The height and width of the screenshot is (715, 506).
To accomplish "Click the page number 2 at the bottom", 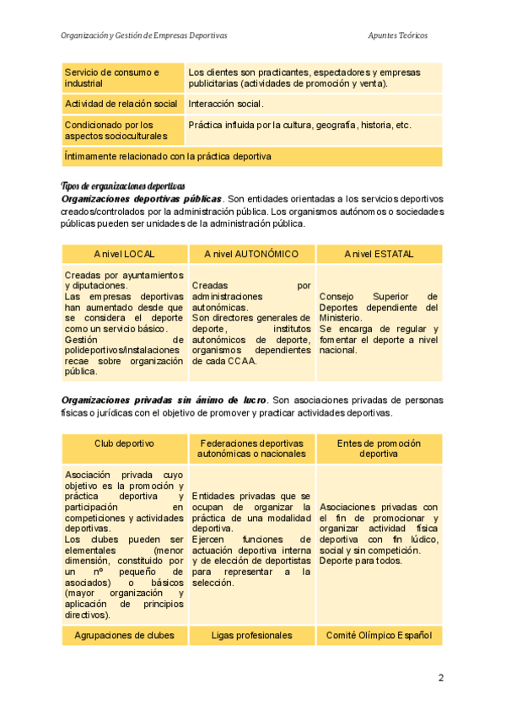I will click(440, 678).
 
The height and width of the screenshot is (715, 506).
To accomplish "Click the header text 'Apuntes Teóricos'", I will click(398, 35).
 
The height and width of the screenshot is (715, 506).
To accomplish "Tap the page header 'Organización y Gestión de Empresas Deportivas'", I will click(143, 35).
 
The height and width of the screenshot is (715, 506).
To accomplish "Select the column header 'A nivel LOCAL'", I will click(124, 254).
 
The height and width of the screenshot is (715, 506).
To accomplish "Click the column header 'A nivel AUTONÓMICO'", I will click(251, 254).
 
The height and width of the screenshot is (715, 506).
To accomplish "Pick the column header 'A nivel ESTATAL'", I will click(379, 254).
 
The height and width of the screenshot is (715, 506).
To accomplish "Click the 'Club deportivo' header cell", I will click(124, 444).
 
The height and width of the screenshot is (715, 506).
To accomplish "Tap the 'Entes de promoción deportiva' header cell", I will click(379, 448).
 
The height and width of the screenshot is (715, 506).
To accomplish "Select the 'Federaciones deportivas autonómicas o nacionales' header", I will click(251, 448).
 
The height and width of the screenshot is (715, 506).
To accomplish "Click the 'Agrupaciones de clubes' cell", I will click(124, 635).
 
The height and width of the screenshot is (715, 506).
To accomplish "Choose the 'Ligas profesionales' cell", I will click(251, 635).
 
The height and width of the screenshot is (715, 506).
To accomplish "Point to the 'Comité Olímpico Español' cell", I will click(379, 635).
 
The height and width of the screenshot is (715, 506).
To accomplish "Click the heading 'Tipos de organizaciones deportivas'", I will click(123, 185).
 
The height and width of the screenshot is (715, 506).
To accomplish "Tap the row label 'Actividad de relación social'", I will click(121, 105).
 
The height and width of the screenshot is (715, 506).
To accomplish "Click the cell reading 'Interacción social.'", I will click(226, 105).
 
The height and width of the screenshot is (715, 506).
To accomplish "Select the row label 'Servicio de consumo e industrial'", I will click(112, 78).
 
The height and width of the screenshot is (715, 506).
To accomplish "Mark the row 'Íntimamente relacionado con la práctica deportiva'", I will click(167, 156).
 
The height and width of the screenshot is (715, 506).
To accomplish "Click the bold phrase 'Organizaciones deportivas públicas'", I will click(142, 198).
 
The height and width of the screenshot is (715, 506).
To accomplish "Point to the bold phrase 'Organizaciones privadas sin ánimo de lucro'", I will click(164, 399).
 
